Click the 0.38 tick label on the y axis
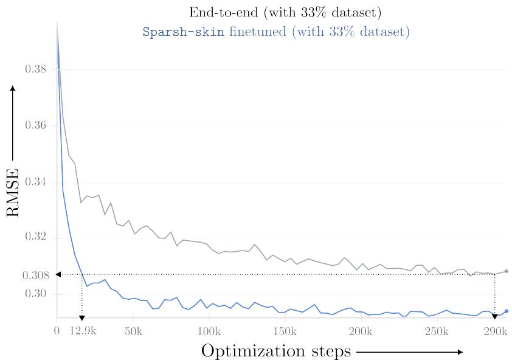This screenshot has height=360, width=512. [35, 69]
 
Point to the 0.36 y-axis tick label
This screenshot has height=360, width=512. [35, 126]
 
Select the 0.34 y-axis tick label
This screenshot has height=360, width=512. [35, 182]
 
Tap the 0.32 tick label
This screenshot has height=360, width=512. [35, 237]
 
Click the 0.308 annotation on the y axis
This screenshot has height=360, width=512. [35, 275]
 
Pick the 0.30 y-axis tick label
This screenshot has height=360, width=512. [35, 294]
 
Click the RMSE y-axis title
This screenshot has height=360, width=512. [13, 192]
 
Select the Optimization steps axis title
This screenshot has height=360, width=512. [275, 351]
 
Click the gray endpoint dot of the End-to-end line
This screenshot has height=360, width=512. [507, 271]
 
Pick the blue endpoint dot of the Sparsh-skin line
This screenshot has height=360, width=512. [507, 311]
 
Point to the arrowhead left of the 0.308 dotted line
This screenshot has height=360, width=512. [58, 275]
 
